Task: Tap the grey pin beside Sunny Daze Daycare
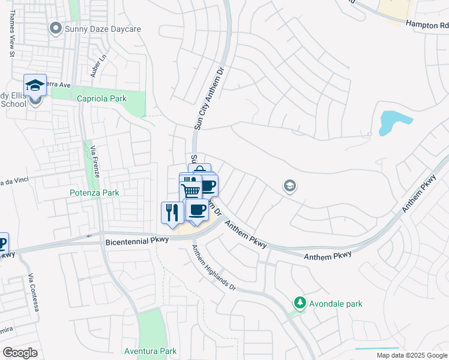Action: (x=56, y=28)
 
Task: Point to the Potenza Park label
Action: (x=93, y=193)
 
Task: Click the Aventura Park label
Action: (x=150, y=351)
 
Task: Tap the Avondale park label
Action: (x=336, y=304)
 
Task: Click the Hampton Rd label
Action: (x=427, y=25)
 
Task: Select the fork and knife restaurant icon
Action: (x=172, y=212)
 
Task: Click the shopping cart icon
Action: (x=191, y=191)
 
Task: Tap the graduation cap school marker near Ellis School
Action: (x=35, y=85)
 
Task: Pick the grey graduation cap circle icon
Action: (x=290, y=187)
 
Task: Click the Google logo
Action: (x=20, y=353)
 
